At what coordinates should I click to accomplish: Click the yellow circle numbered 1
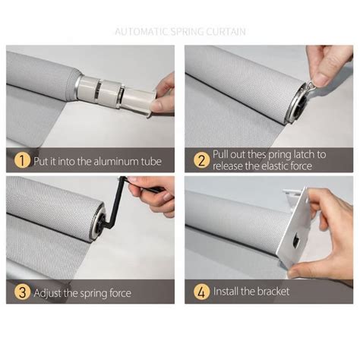point(22,160)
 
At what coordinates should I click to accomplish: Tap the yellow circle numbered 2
point(202,160)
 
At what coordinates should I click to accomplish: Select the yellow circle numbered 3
point(22,292)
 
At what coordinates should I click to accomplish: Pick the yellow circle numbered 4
point(202,292)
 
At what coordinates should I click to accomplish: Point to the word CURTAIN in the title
point(226,32)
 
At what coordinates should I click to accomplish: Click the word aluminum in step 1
point(116,162)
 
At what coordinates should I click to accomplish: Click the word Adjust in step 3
point(48,293)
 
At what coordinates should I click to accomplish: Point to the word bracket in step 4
point(274,292)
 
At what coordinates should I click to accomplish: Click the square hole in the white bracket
point(296,241)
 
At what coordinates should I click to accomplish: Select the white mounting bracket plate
point(295,228)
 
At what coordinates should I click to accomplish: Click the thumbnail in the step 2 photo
point(323,79)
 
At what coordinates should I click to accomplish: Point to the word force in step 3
point(120,293)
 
